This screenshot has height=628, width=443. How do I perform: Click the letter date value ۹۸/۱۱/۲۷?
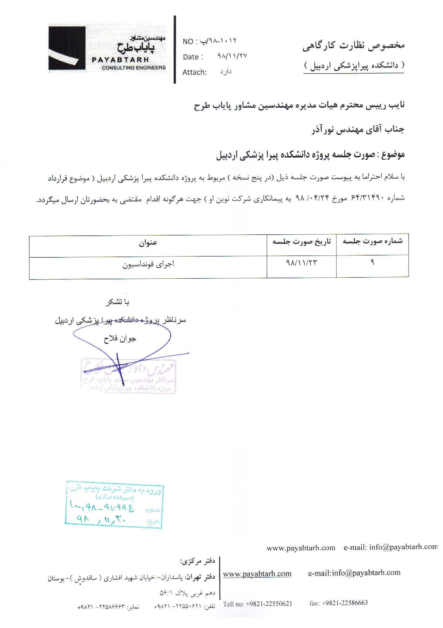232,56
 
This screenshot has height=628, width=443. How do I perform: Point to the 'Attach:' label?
194,72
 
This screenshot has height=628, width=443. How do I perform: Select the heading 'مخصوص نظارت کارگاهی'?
353,46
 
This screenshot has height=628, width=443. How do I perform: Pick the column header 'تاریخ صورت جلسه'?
302,241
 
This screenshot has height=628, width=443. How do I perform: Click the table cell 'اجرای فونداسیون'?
148,264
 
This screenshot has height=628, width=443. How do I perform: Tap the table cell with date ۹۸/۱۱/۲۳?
302,263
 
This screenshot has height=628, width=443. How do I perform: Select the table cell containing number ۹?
372,262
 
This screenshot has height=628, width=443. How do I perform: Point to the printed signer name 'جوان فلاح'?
120,339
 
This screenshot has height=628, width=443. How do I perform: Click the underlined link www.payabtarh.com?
257,574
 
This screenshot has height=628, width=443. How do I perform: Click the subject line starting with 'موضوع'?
310,155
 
